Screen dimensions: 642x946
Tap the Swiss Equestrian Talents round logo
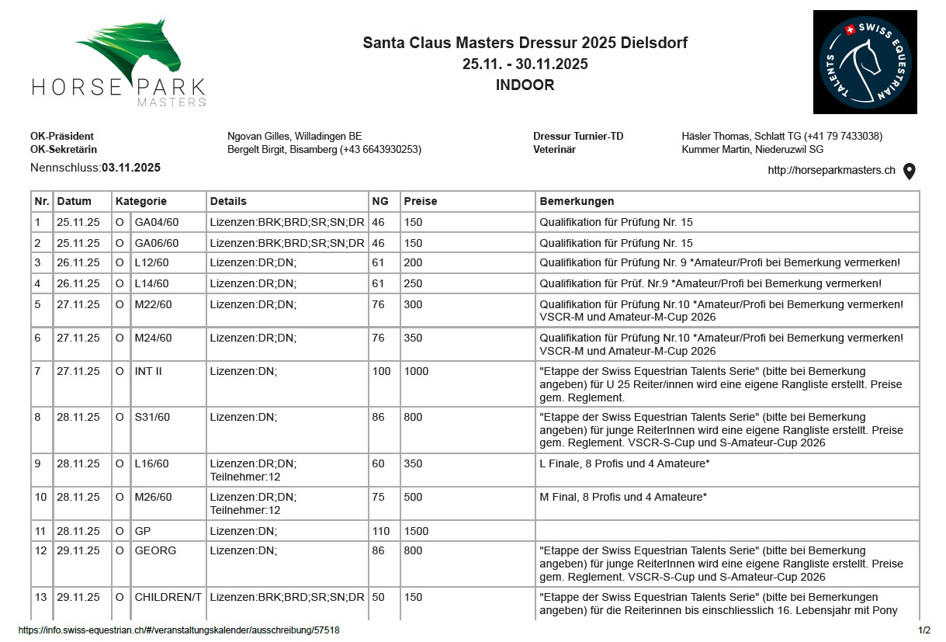[x=865, y=62]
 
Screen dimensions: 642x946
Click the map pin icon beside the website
[x=910, y=172]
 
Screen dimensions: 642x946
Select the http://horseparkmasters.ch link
[x=831, y=171]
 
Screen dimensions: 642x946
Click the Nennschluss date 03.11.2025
[x=131, y=168]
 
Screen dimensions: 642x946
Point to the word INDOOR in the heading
[x=525, y=85]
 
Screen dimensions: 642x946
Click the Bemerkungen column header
[x=577, y=201]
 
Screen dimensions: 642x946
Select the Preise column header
[x=421, y=201]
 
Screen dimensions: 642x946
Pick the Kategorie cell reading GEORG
[x=155, y=550]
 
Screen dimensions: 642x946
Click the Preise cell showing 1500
[x=417, y=532]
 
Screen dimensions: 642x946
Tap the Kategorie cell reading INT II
[x=148, y=371]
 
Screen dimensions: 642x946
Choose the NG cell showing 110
[x=382, y=532]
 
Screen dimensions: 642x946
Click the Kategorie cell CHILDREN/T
[x=168, y=597]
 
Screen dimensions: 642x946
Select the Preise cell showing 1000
[x=417, y=371]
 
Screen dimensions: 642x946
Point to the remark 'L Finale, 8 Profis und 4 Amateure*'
[x=625, y=463]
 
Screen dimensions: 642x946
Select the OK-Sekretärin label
[x=64, y=150]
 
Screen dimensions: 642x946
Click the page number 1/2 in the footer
[x=923, y=630]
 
